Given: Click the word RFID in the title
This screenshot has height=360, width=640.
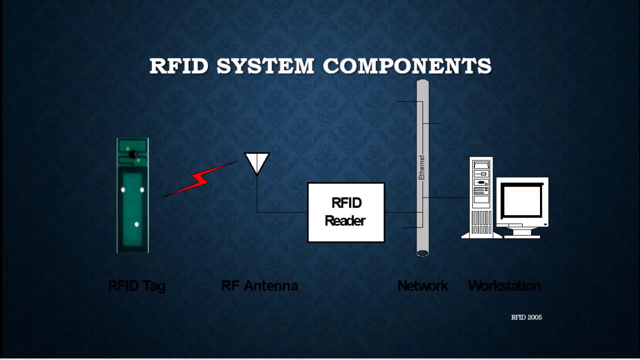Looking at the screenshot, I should coord(178,66).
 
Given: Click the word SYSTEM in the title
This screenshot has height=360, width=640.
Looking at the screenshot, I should coord(265,66).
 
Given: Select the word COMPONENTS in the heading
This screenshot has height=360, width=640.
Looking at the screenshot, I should coord(407,66).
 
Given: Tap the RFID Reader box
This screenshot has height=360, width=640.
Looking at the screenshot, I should coord(346,212).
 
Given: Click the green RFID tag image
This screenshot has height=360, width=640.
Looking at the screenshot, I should coord(132,210).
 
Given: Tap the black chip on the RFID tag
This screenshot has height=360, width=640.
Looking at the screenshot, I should coord(133,155).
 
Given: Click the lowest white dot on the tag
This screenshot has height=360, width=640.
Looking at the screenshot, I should coord(136,224).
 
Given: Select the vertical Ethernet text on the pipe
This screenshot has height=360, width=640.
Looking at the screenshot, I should coord(421,167).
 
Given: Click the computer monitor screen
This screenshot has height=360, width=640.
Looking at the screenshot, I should coord(522,201).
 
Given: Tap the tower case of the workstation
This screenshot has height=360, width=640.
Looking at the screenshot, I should coord(481,197).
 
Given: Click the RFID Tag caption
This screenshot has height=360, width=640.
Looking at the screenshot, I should coord(136,286).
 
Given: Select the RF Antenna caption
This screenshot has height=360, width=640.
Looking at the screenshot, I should coord(259,286).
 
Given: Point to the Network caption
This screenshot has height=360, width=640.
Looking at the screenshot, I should coord(422,286).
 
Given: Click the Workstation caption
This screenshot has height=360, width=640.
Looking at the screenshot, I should coord(504,286).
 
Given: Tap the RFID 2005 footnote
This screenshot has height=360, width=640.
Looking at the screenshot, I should coord(526,317).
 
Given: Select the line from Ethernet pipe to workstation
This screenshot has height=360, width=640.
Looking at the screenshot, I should coord(447,197).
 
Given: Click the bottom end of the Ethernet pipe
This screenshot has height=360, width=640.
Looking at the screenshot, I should coord(422,252).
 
